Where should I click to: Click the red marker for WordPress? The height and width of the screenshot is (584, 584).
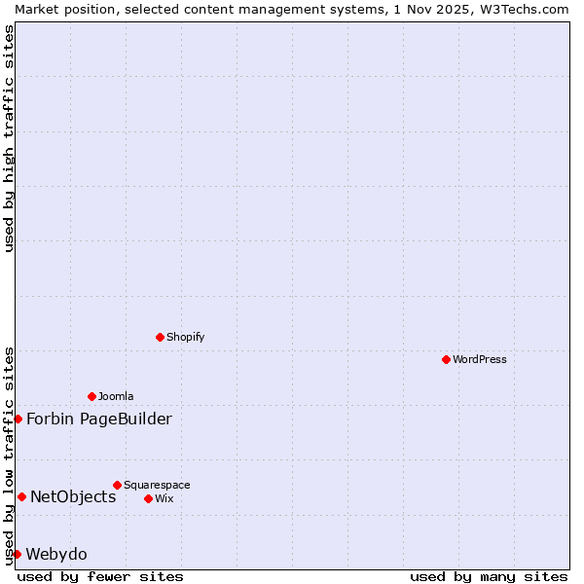coord(446,359)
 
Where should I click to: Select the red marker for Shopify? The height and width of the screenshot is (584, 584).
coord(160,337)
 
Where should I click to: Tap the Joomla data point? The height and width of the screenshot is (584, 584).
coord(91,396)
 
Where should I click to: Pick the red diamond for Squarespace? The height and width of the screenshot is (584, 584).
coord(117,485)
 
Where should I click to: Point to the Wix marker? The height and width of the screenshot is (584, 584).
coord(148,498)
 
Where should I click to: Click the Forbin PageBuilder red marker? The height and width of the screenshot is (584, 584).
coord(18,419)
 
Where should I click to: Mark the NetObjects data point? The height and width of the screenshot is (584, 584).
coord(21,496)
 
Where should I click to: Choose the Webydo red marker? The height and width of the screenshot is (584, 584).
coord(17,554)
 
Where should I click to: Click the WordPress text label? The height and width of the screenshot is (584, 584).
coord(480,359)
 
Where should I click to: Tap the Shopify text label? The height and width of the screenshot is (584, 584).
coord(185,337)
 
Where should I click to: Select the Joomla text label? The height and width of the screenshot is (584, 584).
coord(116,396)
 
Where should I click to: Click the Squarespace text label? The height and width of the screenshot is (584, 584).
coord(157,485)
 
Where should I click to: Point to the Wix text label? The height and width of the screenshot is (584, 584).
coord(164,498)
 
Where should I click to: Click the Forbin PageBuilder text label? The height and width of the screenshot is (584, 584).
coord(99,419)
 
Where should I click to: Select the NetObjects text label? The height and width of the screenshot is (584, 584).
coord(73,496)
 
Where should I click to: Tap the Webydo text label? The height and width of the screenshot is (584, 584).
coord(56,554)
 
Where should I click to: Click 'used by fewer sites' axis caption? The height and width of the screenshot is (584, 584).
coord(100,576)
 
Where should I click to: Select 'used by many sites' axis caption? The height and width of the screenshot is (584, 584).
coord(489,576)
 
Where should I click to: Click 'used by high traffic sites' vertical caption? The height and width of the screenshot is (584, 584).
coord(9,138)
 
